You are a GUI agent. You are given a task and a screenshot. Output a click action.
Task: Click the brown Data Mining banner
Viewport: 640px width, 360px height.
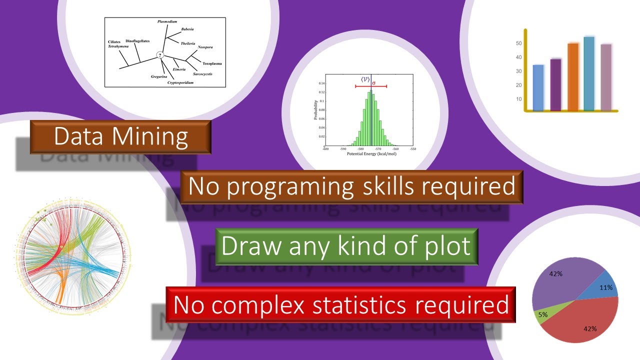120,136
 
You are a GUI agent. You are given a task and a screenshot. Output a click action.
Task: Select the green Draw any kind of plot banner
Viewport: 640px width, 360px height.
346,246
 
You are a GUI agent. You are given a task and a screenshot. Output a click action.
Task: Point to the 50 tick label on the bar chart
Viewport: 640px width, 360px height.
518,43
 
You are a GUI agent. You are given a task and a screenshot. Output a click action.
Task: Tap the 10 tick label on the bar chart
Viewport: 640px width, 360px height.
518,98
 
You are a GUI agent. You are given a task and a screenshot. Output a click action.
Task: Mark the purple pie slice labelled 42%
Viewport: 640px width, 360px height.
555,282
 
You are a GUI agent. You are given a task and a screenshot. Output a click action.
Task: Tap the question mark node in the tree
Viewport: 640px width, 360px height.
160,55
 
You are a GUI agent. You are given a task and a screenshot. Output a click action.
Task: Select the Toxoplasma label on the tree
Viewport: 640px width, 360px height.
212,64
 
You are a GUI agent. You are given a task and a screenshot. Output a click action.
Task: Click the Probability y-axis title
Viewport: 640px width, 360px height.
315,110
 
